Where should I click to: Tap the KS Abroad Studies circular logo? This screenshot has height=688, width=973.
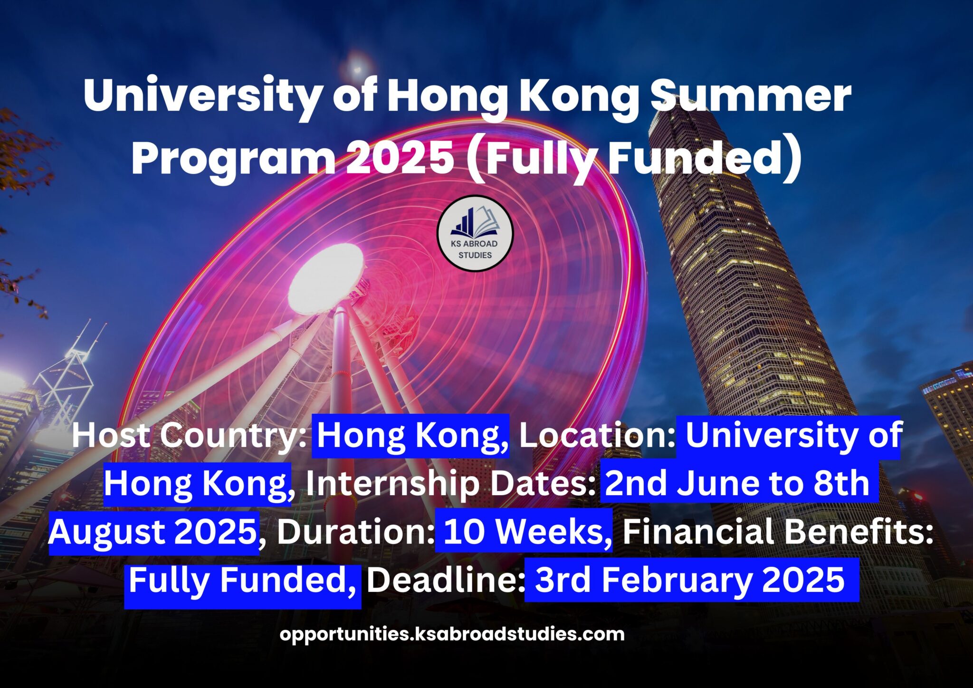point(475,233)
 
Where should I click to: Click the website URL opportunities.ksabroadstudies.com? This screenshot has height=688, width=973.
point(452,634)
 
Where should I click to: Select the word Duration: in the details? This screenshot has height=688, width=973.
point(355,531)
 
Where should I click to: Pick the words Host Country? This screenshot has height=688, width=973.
point(189,435)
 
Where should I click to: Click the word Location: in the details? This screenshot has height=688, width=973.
point(597,435)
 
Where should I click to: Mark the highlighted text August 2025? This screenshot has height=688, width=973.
point(153,531)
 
